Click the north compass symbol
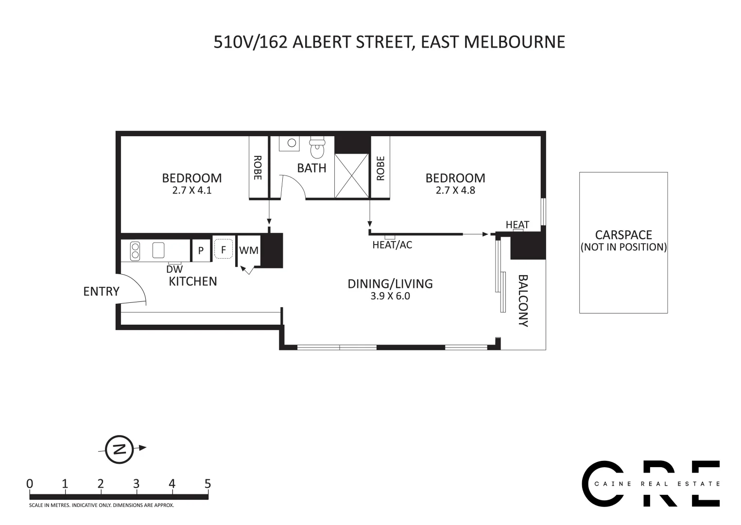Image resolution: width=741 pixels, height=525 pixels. (x=119, y=448)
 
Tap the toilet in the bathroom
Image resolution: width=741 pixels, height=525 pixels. (x=317, y=148)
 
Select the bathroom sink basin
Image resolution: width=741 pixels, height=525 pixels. (x=292, y=143)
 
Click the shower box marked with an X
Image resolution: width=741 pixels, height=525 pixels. (x=352, y=175)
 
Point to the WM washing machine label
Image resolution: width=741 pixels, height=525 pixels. (x=249, y=251)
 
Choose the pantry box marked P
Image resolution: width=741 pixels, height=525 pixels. (x=201, y=251)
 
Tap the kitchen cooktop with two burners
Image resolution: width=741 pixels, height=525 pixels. (x=135, y=251)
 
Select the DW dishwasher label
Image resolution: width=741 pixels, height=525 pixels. (x=174, y=269)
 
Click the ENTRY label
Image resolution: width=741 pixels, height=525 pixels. (x=101, y=291)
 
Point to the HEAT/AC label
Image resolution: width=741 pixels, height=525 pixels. (x=392, y=245)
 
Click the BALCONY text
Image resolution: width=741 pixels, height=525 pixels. (x=523, y=300)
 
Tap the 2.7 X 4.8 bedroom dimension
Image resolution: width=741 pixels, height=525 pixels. (x=455, y=191)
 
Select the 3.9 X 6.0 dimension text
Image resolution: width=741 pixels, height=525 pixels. (x=390, y=296)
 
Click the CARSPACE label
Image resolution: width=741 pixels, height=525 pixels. (x=623, y=235)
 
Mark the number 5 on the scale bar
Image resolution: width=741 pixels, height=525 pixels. (x=208, y=484)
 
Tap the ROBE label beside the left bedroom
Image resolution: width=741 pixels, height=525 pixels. (x=258, y=168)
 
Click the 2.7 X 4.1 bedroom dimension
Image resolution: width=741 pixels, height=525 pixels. (x=191, y=191)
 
